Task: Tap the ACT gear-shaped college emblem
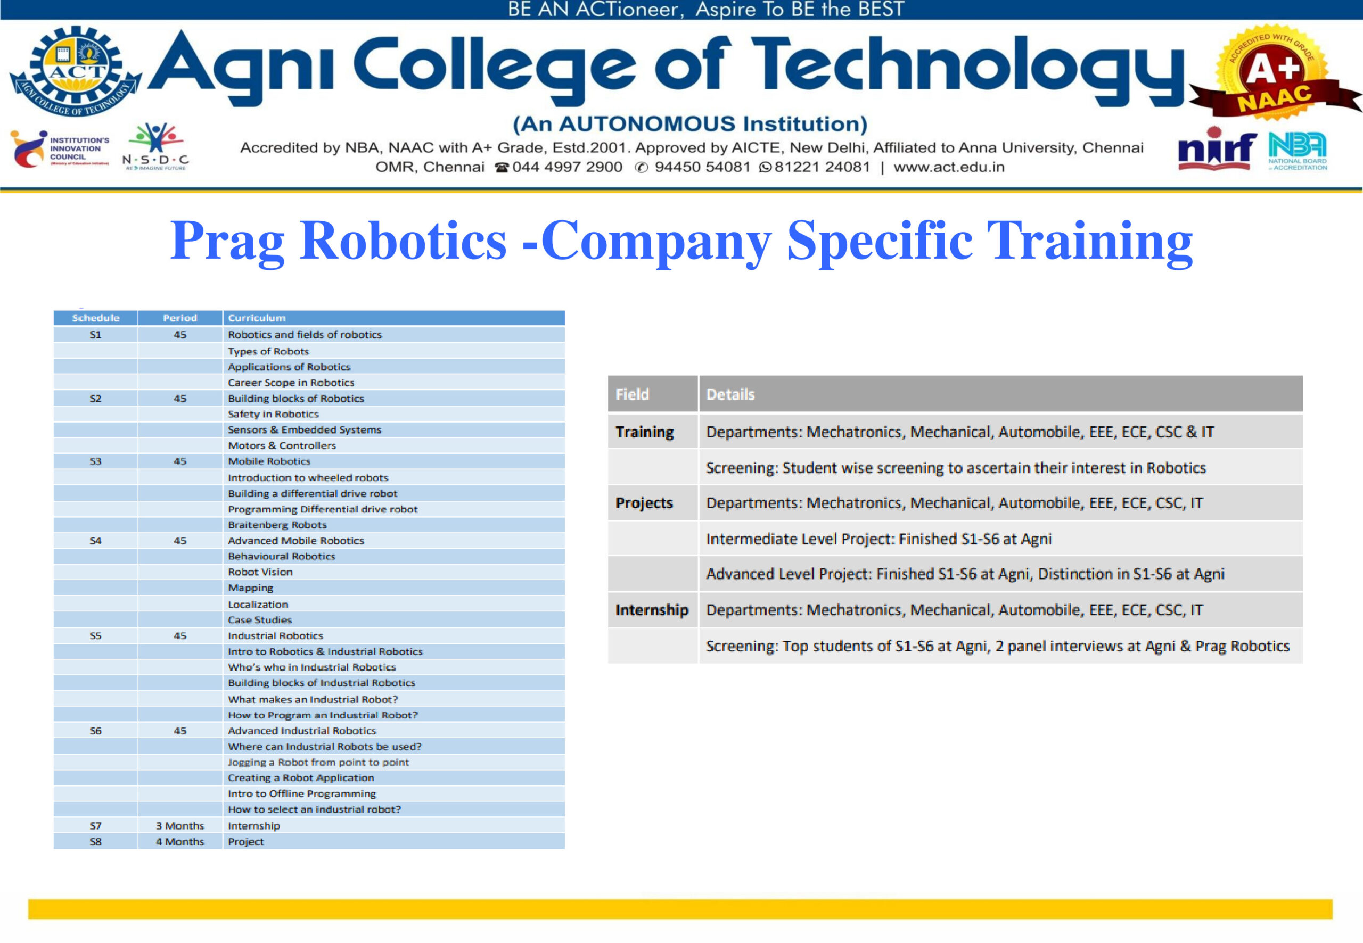pos(76,71)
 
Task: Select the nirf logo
pos(1217,149)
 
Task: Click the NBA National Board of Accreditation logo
pos(1298,151)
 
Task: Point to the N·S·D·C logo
pos(155,146)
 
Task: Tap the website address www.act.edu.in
pos(949,167)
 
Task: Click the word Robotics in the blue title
pos(403,241)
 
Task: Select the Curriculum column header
pos(257,318)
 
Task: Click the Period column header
pos(179,318)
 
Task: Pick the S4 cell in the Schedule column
pos(96,541)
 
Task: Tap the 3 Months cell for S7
pos(179,826)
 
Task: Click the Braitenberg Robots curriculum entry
pos(277,525)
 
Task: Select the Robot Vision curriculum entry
pos(260,572)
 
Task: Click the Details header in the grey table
pos(730,394)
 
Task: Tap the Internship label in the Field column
pos(652,610)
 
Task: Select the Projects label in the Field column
pos(644,503)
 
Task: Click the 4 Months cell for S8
pos(179,841)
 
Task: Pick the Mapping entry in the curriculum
pos(251,588)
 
